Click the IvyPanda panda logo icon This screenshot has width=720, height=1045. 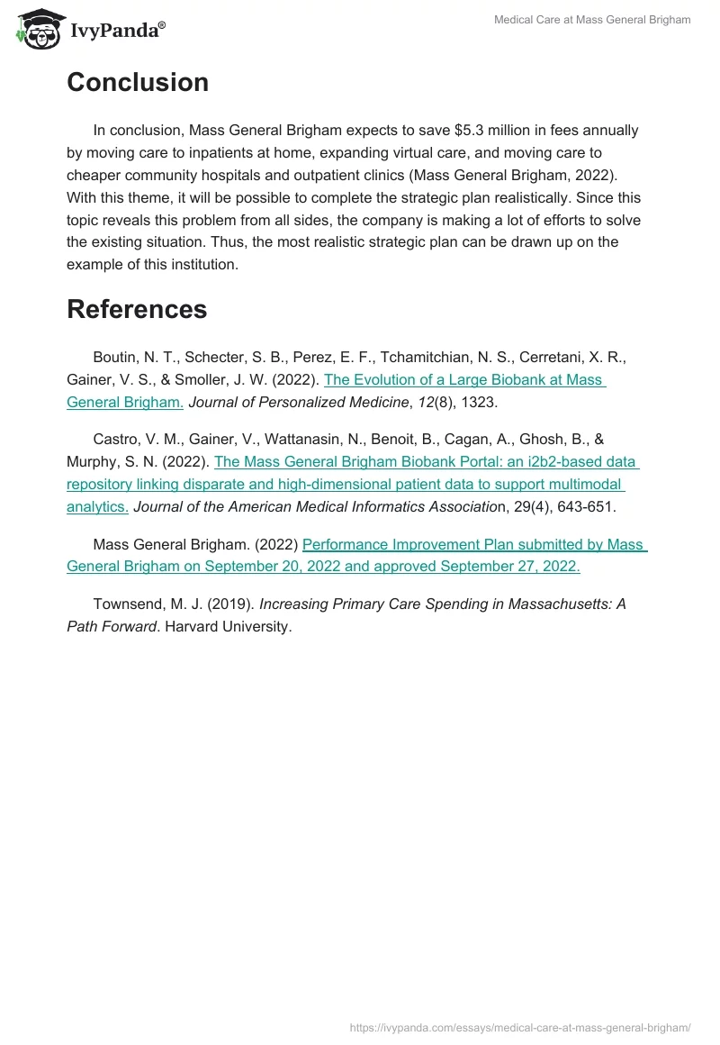(39, 28)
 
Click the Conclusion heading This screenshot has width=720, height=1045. (138, 83)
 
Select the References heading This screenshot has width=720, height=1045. (137, 310)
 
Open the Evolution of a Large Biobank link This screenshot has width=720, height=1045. (463, 380)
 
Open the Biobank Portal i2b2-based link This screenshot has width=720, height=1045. (426, 462)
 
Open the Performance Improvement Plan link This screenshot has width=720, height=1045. (474, 545)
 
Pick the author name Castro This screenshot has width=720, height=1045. (116, 440)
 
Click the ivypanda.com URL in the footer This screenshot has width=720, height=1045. (519, 1028)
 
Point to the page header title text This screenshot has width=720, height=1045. (592, 20)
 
